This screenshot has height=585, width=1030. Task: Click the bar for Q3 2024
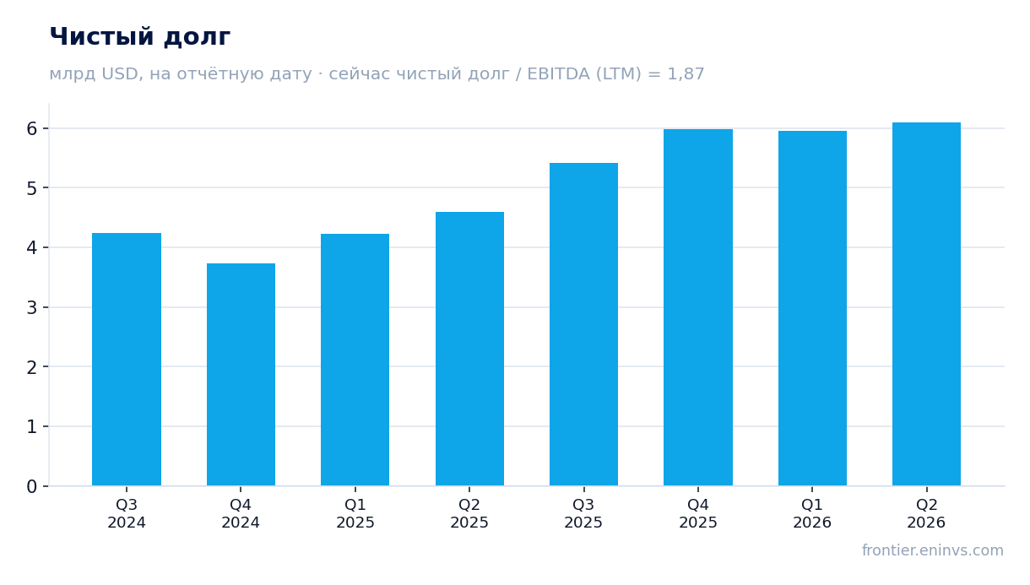point(127,359)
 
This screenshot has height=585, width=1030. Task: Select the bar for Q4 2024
point(241,374)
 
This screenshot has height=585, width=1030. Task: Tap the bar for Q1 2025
point(355,360)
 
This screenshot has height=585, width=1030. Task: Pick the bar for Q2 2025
point(469,349)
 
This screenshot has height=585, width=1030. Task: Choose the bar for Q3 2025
point(583,324)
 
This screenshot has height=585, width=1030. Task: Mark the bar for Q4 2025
point(698,307)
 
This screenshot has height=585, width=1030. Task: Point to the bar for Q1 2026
point(812,308)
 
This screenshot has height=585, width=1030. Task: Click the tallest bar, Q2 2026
point(926,304)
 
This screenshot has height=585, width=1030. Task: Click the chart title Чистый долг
point(140,37)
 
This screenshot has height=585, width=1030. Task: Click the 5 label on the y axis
point(32,188)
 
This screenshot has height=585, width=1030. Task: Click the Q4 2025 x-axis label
point(698,514)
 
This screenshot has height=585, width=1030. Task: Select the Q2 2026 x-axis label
point(926,514)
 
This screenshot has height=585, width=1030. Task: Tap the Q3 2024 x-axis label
point(127,514)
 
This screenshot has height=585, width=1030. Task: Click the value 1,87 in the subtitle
point(686,74)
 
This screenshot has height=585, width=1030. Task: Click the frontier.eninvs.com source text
point(933,550)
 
